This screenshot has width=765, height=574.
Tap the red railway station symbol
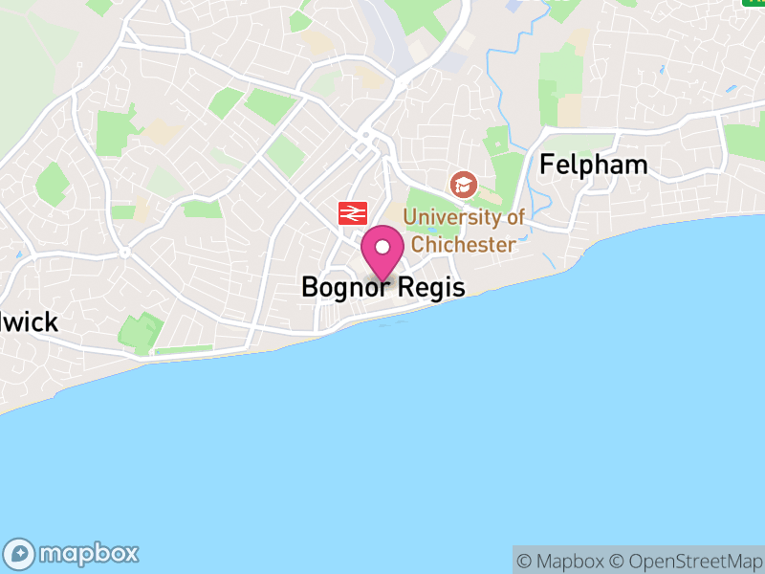352,212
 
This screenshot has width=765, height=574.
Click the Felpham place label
593,165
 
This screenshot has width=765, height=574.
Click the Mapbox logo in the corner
73,553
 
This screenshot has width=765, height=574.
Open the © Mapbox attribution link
560,561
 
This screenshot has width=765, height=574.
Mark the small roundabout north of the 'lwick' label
125,254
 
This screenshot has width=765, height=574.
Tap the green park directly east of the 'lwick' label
141,331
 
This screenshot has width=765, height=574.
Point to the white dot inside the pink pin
382,247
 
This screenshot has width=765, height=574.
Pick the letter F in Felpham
548,165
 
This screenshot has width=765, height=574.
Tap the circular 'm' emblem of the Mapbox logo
20,553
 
